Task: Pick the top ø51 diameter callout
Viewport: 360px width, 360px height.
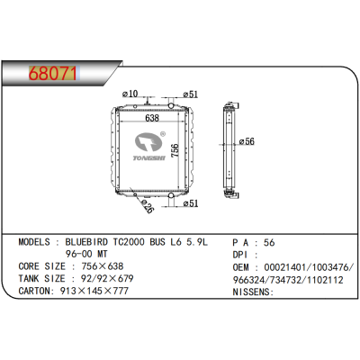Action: pyautogui.click(x=191, y=94)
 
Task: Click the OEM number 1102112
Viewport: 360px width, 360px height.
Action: pyautogui.click(x=325, y=279)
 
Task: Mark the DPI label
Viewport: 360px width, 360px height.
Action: pyautogui.click(x=244, y=255)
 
